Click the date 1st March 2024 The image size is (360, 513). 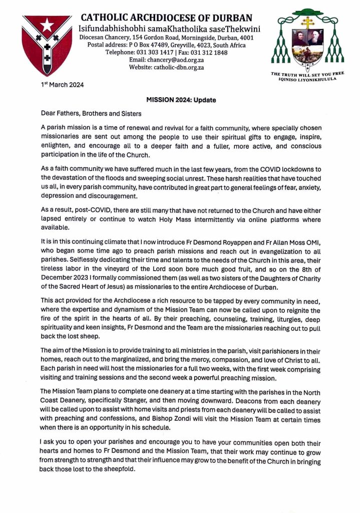click(62, 85)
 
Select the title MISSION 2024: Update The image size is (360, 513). click(181, 100)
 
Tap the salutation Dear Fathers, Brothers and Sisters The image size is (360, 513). click(91, 114)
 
